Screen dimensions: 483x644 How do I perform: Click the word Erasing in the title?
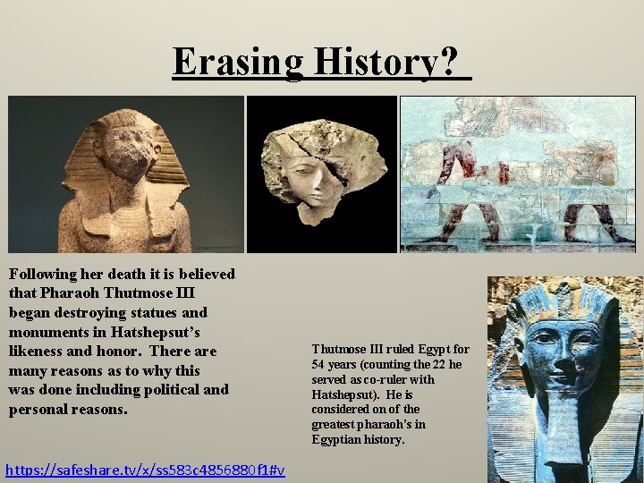pos(239,62)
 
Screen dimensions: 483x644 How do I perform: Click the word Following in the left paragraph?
pos(44,274)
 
